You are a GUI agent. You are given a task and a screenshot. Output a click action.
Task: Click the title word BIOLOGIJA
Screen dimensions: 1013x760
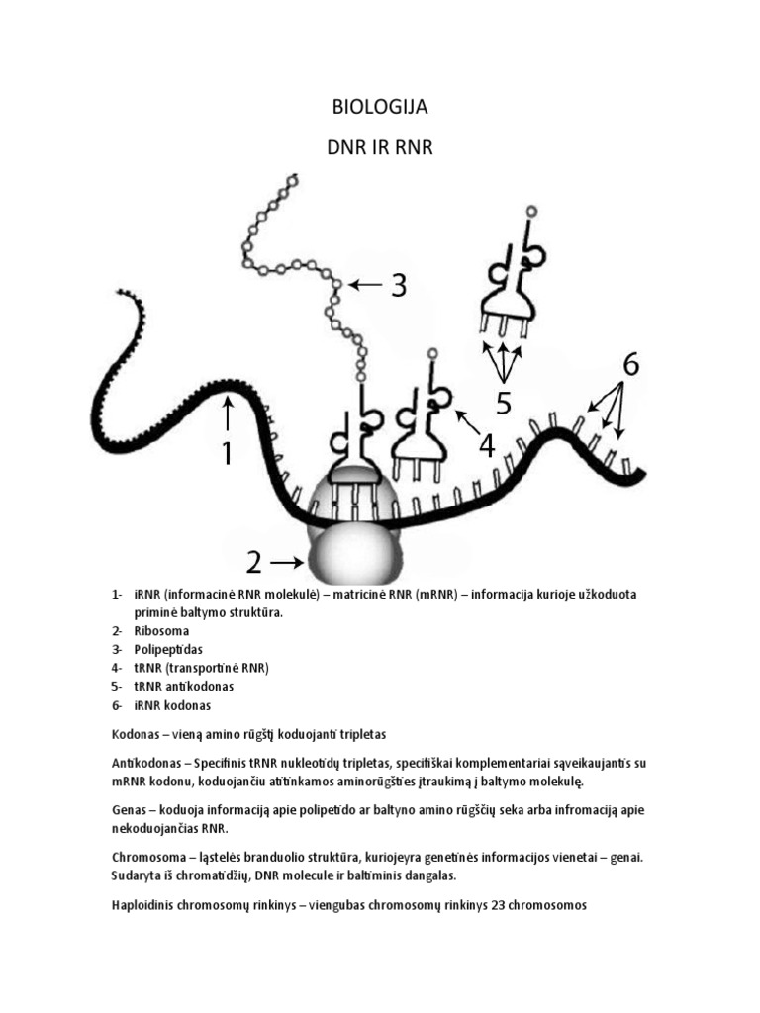[x=380, y=107]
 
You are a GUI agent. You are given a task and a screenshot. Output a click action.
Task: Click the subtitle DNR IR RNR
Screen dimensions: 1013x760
[x=380, y=148]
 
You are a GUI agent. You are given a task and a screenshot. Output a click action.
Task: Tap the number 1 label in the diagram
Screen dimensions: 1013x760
[x=227, y=453]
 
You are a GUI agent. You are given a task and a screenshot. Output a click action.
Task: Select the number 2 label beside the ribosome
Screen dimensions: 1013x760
[x=254, y=562]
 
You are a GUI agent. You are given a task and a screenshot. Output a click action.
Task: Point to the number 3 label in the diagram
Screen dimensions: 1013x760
[x=398, y=286]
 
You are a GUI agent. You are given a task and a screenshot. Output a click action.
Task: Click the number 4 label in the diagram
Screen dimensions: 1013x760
[x=486, y=446]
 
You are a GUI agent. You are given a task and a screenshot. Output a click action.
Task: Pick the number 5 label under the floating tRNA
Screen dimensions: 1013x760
[x=503, y=404]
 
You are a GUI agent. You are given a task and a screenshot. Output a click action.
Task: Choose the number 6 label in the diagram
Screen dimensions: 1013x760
[x=630, y=365]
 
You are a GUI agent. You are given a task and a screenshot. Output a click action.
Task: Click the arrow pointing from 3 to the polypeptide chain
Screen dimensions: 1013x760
[x=363, y=285]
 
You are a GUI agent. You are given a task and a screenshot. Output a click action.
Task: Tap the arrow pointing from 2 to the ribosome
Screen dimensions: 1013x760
[x=289, y=562]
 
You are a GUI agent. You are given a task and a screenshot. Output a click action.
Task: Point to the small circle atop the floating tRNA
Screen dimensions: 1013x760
[x=531, y=211]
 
